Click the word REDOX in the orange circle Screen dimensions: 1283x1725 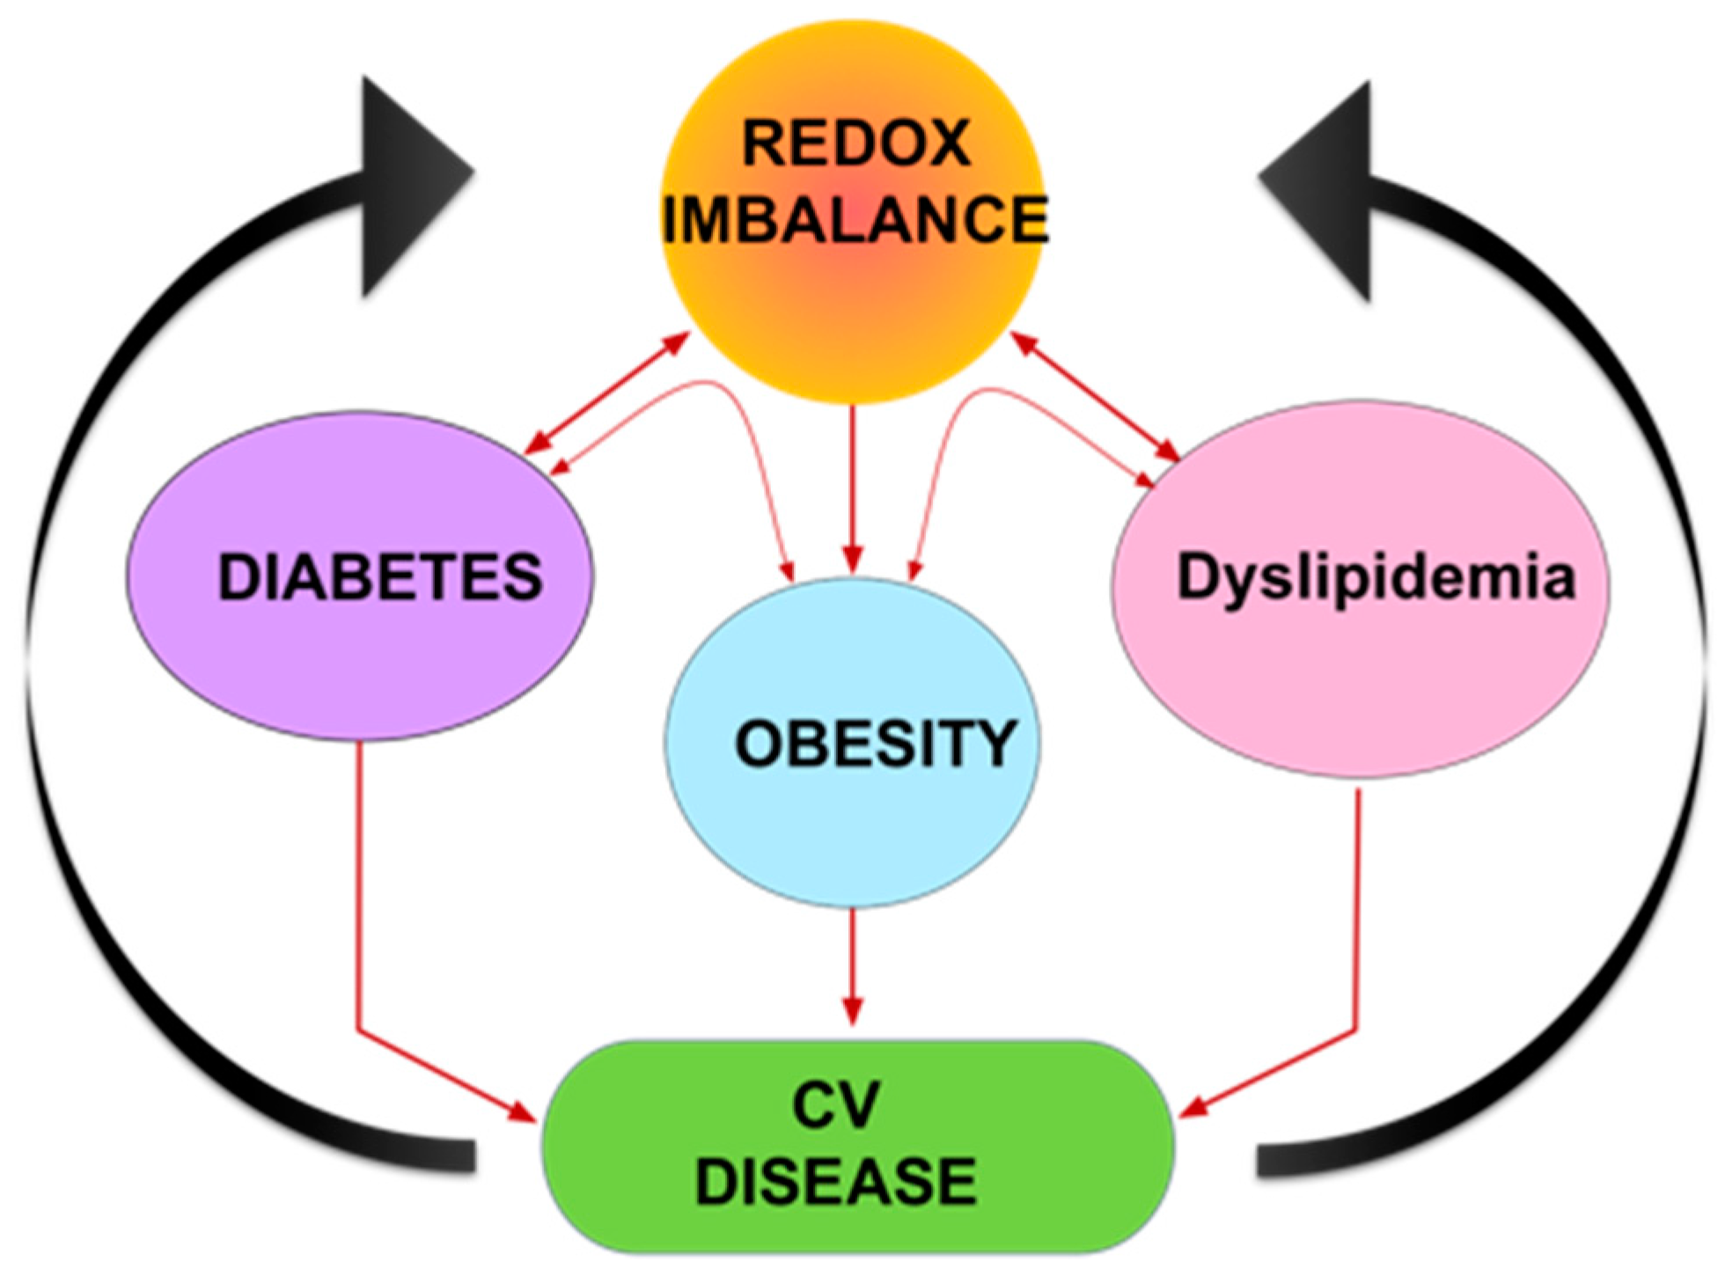[855, 143]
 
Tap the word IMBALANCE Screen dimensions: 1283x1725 [855, 219]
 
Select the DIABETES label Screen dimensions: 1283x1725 [379, 577]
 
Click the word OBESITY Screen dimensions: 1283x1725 [876, 744]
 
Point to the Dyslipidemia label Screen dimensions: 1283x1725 [1376, 577]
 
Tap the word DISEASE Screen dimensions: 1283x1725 [835, 1180]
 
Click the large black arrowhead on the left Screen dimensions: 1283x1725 [414, 185]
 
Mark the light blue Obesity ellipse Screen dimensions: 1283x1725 [851, 836]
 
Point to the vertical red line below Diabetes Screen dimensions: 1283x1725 [358, 880]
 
